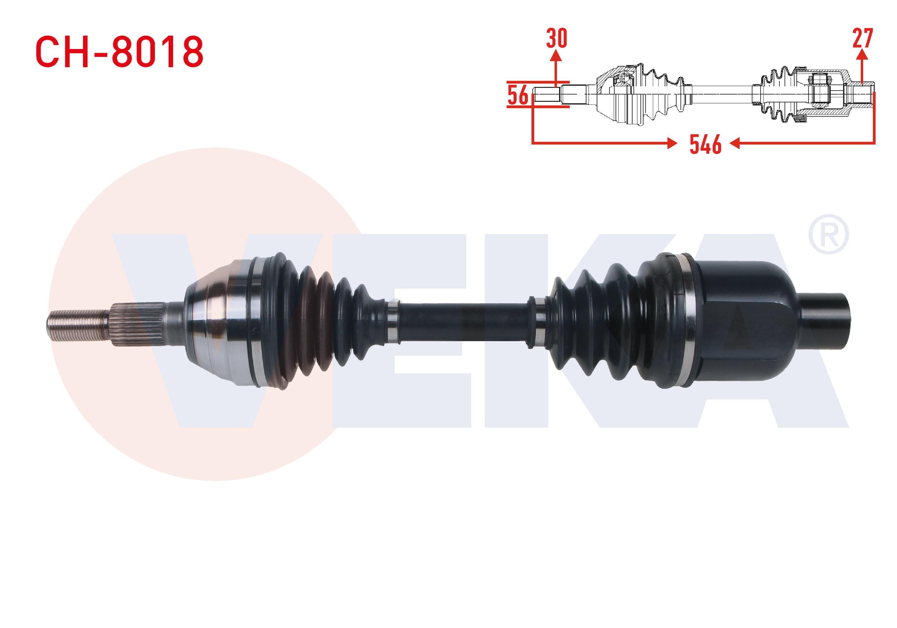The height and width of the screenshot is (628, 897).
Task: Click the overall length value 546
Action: [705, 144]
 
